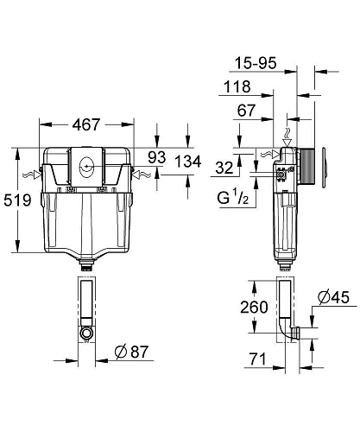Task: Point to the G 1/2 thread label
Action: (231, 198)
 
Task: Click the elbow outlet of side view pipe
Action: (294, 331)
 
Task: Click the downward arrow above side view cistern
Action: (287, 134)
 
